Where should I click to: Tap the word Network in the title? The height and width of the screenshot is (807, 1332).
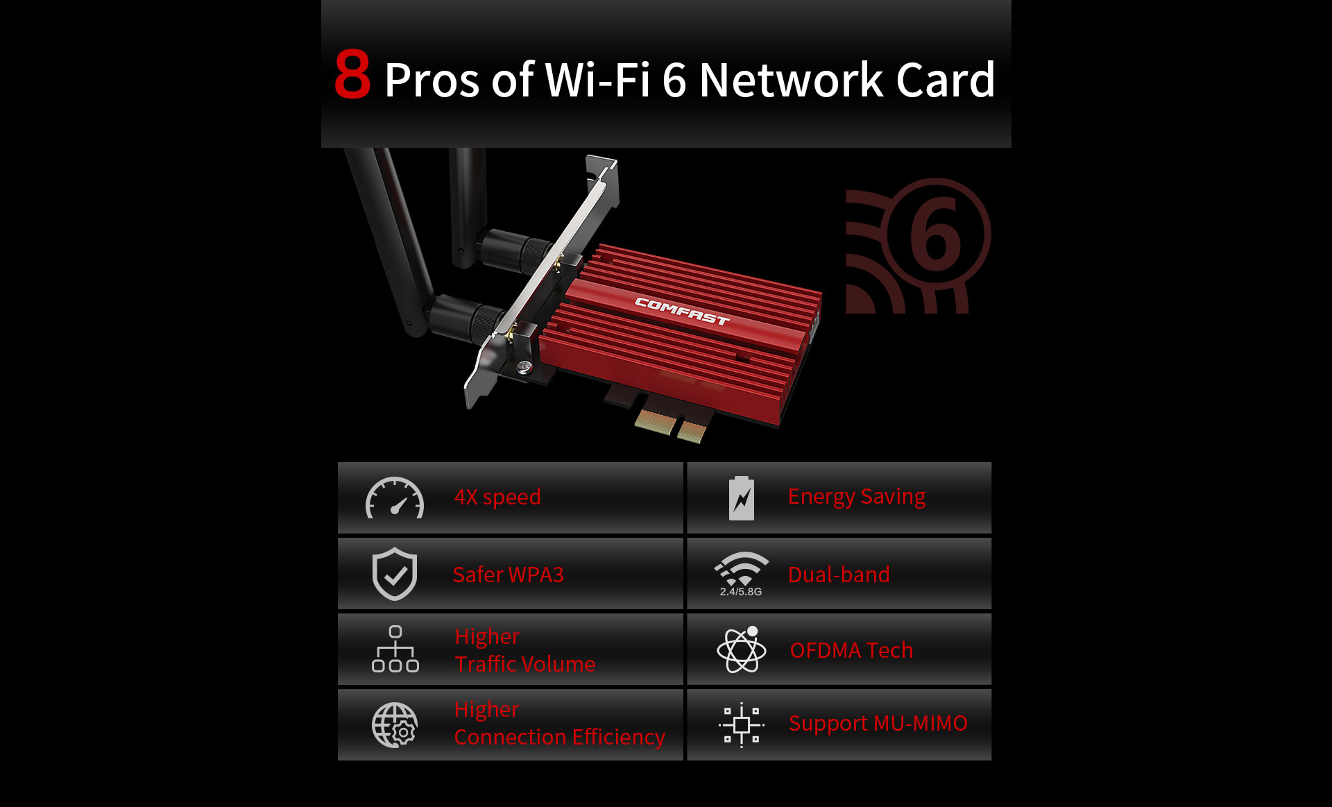(791, 80)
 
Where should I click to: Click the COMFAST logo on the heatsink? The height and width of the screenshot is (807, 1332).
(682, 311)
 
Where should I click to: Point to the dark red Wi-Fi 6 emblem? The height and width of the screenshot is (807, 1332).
(918, 246)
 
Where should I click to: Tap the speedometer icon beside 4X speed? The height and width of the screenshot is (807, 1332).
(395, 498)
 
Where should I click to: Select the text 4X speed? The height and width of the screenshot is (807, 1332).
(497, 498)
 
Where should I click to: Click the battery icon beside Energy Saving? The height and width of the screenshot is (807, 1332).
(742, 498)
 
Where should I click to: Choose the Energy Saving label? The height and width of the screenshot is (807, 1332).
(857, 497)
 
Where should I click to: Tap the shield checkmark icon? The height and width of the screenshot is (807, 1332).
(395, 574)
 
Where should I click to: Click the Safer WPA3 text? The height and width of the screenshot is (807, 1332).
(509, 575)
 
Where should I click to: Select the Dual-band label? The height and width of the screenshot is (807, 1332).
(839, 575)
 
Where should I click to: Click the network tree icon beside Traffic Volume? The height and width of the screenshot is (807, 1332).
(395, 649)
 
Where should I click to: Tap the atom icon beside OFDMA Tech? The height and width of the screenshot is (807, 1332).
(742, 649)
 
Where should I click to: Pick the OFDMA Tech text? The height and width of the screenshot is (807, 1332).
(851, 650)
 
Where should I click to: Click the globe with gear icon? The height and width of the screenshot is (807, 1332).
(395, 725)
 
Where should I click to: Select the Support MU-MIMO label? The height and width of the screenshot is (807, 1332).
(878, 723)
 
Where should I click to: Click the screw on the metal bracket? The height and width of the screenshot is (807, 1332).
(524, 367)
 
